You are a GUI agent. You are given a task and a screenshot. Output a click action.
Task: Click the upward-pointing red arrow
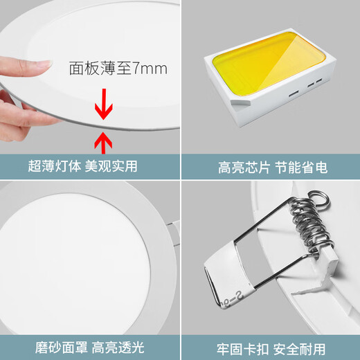tap(102, 143)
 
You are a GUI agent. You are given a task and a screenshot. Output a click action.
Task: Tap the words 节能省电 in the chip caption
tap(304, 166)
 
